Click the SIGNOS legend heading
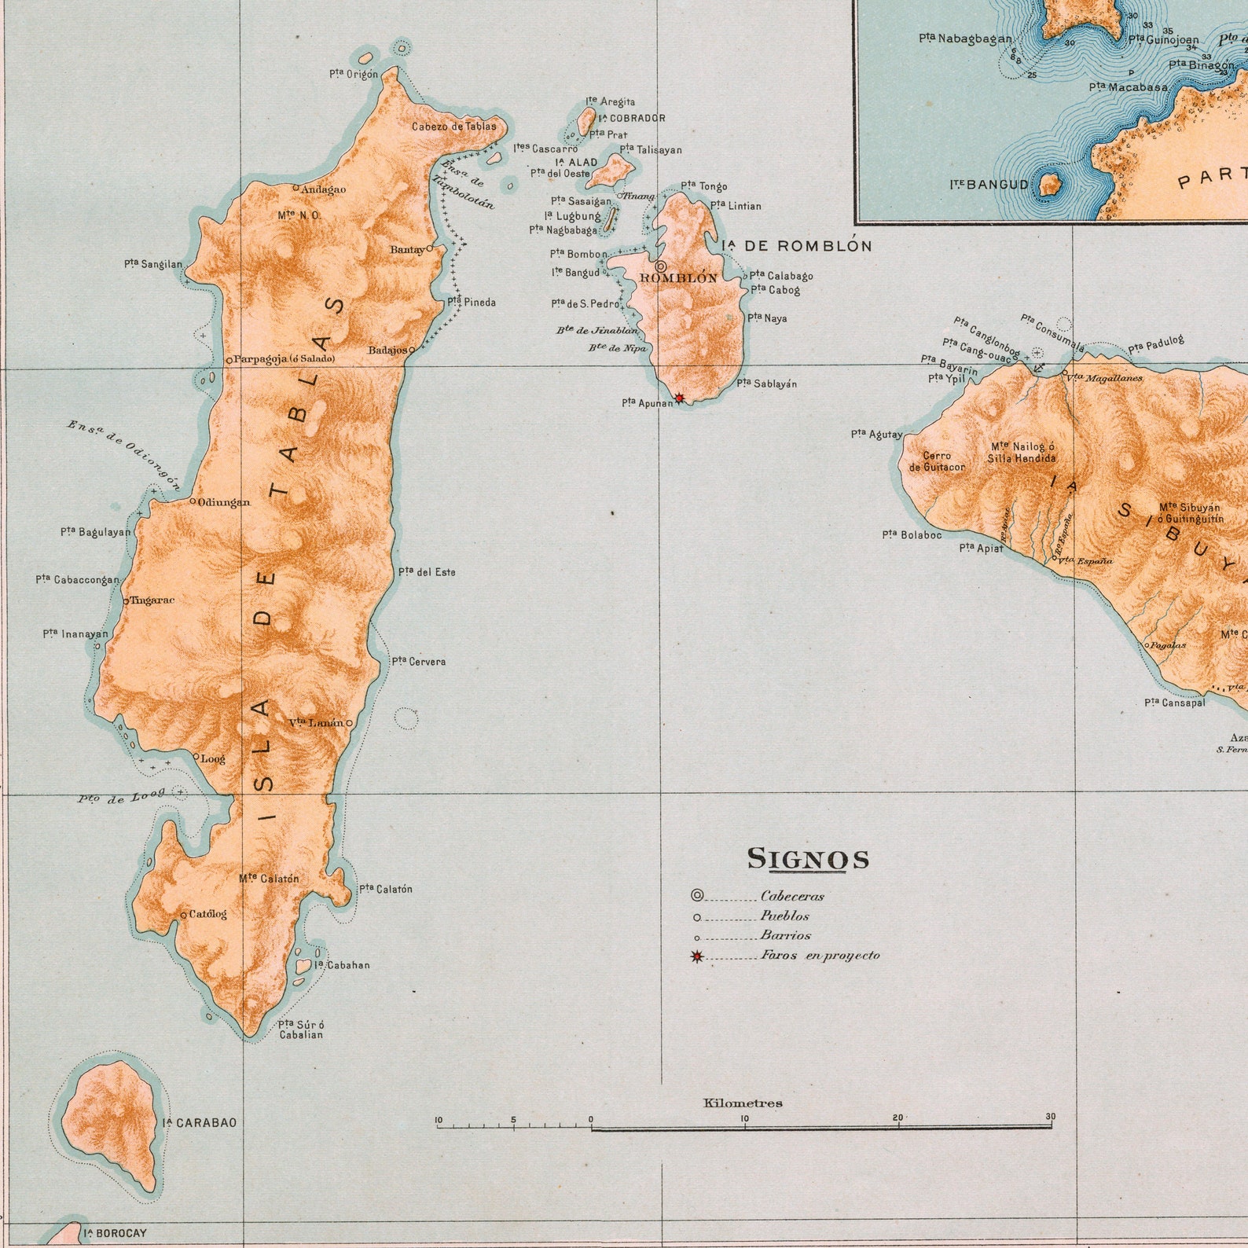pyautogui.click(x=808, y=858)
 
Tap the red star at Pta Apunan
pyautogui.click(x=680, y=398)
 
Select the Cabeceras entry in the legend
pyautogui.click(x=792, y=896)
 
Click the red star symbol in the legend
pyautogui.click(x=696, y=956)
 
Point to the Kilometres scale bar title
pyautogui.click(x=743, y=1103)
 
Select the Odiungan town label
pyautogui.click(x=224, y=502)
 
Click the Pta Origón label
pyautogui.click(x=354, y=74)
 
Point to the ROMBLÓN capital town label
pyautogui.click(x=678, y=278)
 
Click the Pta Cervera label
pyautogui.click(x=419, y=662)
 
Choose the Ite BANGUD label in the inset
pyautogui.click(x=989, y=185)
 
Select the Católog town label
pyautogui.click(x=207, y=914)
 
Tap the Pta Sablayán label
pyautogui.click(x=767, y=384)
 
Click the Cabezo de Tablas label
pyautogui.click(x=454, y=126)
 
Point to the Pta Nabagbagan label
pyautogui.click(x=965, y=38)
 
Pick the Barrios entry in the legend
pyautogui.click(x=785, y=936)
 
